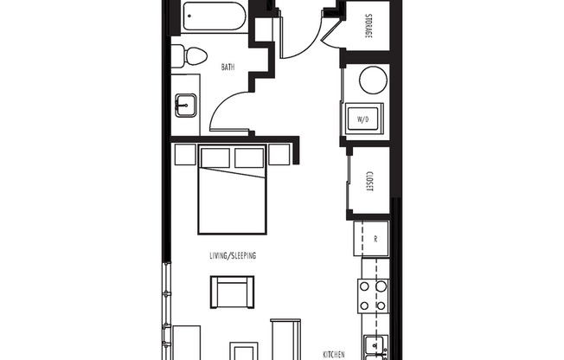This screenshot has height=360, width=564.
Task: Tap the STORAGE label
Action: click(x=368, y=27)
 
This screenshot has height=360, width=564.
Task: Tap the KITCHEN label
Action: click(x=334, y=355)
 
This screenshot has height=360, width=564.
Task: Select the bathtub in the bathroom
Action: click(x=215, y=17)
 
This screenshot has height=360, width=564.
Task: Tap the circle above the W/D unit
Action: click(x=372, y=81)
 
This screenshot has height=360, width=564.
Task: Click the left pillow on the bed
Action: click(x=216, y=157)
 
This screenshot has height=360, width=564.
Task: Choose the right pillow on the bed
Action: click(x=249, y=157)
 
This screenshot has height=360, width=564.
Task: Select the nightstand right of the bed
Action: click(x=279, y=155)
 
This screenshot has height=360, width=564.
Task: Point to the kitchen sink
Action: click(x=375, y=347)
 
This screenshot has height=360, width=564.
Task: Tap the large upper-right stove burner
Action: click(x=380, y=287)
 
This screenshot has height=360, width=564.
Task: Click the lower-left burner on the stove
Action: click(x=364, y=305)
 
